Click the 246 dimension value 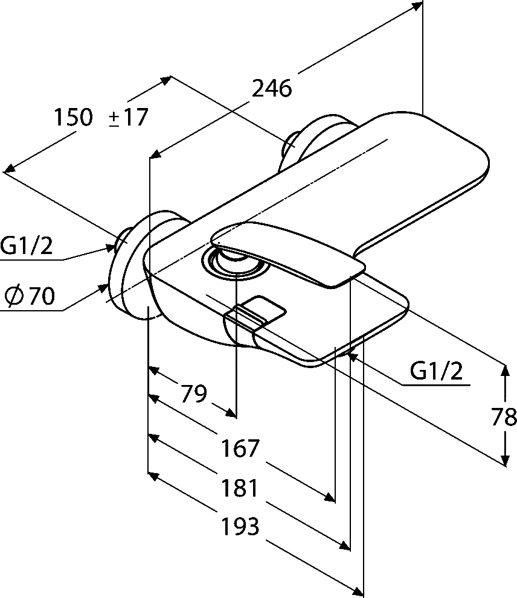point(271,89)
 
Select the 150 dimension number point(74,116)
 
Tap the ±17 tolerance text point(128,116)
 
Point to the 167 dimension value point(240,448)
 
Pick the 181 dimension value point(240,488)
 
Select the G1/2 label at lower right point(436,371)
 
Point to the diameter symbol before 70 point(13,296)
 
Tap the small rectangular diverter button point(261,308)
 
